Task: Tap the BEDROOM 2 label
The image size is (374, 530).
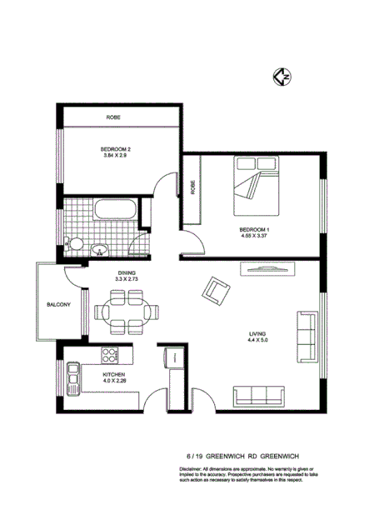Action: (x=117, y=149)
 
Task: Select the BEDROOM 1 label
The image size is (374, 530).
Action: (x=255, y=229)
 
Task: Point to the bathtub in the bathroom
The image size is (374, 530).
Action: (x=111, y=209)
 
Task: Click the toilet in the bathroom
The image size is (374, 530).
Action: (x=74, y=243)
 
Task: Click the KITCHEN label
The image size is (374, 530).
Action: (x=113, y=376)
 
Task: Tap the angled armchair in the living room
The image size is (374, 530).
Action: (x=217, y=291)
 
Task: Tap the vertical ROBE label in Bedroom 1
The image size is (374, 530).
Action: (x=193, y=187)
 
